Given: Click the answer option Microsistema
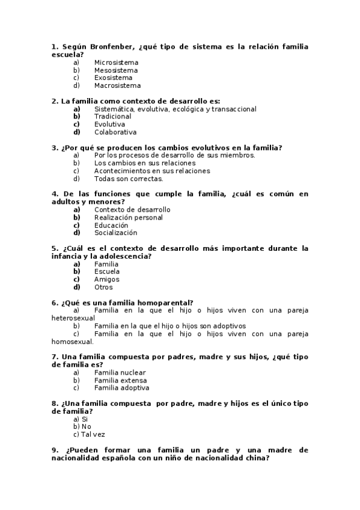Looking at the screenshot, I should pos(116,63).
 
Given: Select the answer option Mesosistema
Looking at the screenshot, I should pos(115,70).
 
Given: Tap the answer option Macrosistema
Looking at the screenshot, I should pos(117,85).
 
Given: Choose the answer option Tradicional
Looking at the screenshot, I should pos(112,117).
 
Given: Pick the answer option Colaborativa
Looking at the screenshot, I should pos(115,132).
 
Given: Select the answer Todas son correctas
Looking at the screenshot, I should pos(128,179).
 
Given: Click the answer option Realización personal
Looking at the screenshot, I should pos(128,218).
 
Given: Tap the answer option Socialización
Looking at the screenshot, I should pos(115,233).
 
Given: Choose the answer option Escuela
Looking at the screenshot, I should pos(107,272).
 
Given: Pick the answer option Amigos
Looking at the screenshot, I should pos(106,280).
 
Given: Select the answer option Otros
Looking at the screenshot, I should pos(103,287).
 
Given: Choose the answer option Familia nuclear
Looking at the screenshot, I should pos(120,373).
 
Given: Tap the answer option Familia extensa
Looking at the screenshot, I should pos(120,381).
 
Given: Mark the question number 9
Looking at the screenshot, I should pos(55,450).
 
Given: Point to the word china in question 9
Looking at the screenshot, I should pos(257,458).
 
